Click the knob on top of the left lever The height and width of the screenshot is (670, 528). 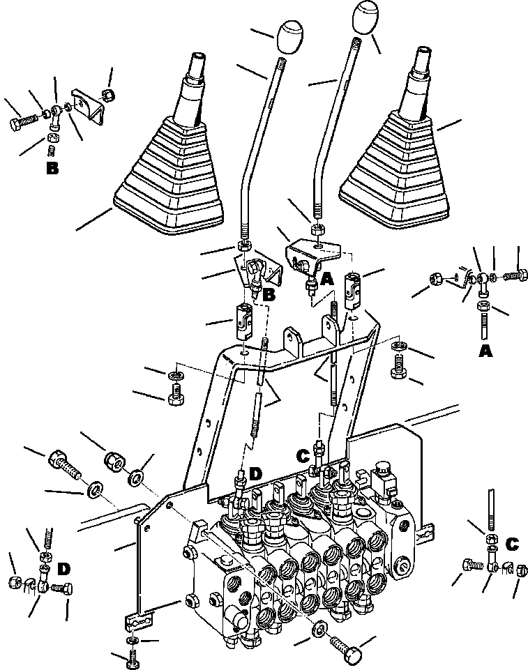[x=292, y=36]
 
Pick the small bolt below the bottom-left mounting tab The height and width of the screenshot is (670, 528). [x=133, y=656]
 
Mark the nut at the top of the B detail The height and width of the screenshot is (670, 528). [x=108, y=93]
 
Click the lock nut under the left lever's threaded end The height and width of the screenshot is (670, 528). [x=244, y=246]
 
